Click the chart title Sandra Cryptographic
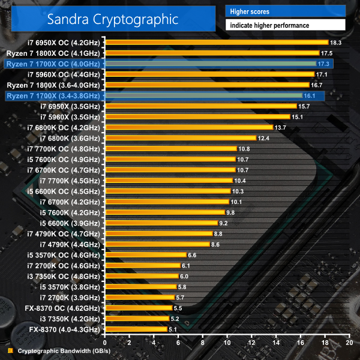click(113, 19)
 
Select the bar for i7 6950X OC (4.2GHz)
click(216, 42)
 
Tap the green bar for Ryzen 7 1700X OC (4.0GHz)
click(210, 64)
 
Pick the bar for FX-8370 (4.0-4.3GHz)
click(136, 329)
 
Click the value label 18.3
click(336, 42)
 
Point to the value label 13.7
click(280, 127)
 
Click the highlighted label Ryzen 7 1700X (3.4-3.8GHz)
click(54, 95)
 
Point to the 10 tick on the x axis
click(227, 342)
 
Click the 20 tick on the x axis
click(349, 342)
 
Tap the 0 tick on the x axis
click(105, 342)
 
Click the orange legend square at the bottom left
click(10, 352)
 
